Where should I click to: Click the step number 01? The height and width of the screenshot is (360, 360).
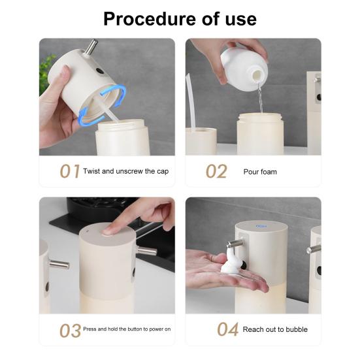70,171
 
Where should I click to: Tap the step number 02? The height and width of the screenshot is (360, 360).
216,171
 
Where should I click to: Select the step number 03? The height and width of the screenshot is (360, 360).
70,331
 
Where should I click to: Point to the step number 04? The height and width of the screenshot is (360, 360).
228,329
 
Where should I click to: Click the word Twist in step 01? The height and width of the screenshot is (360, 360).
91,171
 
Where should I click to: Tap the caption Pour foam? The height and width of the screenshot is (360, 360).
260,172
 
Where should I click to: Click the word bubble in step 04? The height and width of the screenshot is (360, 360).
297,329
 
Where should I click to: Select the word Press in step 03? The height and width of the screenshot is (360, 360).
90,329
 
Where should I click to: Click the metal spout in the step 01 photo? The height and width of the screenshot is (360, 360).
91,47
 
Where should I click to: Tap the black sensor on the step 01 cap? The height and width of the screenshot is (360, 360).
100,71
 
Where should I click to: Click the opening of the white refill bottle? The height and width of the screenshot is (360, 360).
257,74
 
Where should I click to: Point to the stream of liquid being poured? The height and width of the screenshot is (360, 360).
260,98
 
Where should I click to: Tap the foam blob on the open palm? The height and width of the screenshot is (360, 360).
231,261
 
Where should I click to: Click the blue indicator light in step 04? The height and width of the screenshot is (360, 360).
261,226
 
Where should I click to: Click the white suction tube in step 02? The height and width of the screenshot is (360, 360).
191,102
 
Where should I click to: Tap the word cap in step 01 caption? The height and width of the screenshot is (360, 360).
163,172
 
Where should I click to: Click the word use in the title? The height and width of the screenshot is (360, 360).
240,20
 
